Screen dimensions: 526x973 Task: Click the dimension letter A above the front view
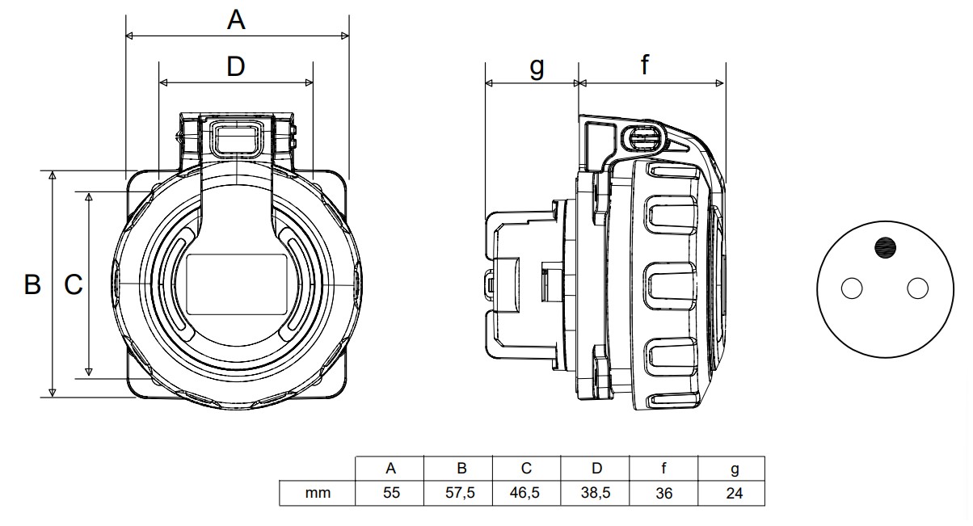click(235, 19)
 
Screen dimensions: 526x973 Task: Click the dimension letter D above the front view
click(235, 66)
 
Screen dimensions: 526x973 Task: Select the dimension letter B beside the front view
click(32, 284)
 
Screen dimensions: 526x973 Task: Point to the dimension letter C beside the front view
click(74, 284)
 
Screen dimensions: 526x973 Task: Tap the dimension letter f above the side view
click(645, 65)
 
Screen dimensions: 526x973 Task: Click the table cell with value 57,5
click(459, 493)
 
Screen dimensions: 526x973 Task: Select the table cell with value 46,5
click(527, 493)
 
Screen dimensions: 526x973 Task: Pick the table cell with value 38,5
click(595, 493)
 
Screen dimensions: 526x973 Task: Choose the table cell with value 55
click(391, 493)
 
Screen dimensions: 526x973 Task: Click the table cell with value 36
click(663, 493)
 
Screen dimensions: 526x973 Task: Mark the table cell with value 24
click(733, 493)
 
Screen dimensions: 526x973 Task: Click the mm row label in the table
click(318, 493)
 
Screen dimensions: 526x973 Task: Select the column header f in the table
click(663, 469)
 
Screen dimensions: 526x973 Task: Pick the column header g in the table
click(733, 469)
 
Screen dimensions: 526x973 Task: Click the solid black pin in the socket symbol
click(885, 247)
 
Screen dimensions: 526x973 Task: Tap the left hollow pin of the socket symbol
click(852, 288)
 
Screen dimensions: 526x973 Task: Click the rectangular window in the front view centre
click(236, 284)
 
